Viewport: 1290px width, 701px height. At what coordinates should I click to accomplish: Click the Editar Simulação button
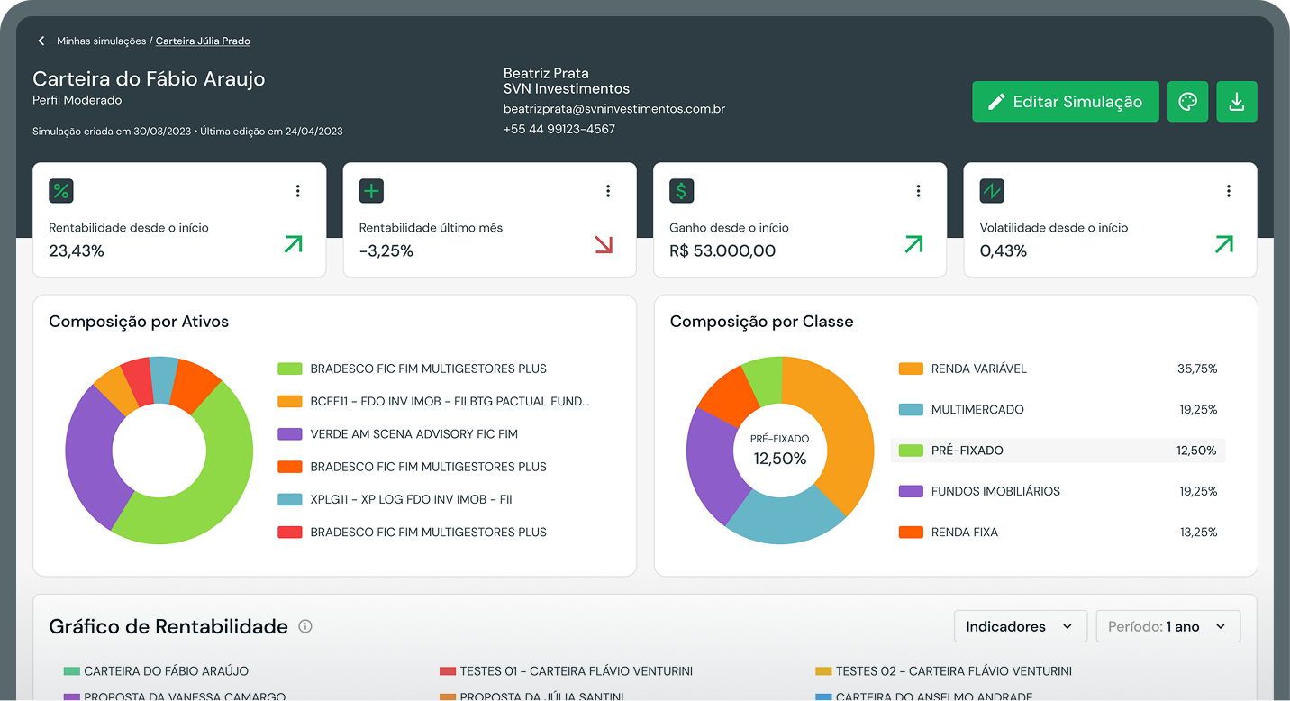[x=1065, y=102]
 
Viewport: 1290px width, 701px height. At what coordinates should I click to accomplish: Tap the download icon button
[x=1236, y=102]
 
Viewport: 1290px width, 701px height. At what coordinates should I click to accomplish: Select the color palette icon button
[x=1187, y=102]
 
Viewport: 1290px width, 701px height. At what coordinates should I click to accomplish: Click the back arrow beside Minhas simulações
[x=41, y=41]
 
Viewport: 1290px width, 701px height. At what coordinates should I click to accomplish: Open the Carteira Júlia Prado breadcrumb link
[x=203, y=41]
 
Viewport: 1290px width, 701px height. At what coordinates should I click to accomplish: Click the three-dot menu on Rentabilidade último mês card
[x=608, y=191]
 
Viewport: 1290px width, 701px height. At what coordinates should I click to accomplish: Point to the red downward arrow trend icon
[x=604, y=244]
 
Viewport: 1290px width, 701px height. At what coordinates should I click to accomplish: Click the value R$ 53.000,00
[x=722, y=251]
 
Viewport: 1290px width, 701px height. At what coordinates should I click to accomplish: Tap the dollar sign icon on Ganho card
[x=681, y=191]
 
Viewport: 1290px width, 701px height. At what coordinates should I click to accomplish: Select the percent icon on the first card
[x=61, y=191]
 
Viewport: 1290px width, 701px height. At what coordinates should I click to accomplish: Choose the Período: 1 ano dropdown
[x=1167, y=626]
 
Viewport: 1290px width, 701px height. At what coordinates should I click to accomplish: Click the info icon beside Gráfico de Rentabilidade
[x=305, y=626]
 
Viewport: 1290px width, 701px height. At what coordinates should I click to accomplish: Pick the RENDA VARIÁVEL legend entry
[x=978, y=369]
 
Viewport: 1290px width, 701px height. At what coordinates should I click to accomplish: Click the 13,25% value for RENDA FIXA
[x=1198, y=533]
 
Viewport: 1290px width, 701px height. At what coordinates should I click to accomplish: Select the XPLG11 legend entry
[x=410, y=499]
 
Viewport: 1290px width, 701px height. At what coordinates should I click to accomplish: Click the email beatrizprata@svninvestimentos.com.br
[x=614, y=109]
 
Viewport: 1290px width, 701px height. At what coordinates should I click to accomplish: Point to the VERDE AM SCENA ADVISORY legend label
[x=413, y=434]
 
